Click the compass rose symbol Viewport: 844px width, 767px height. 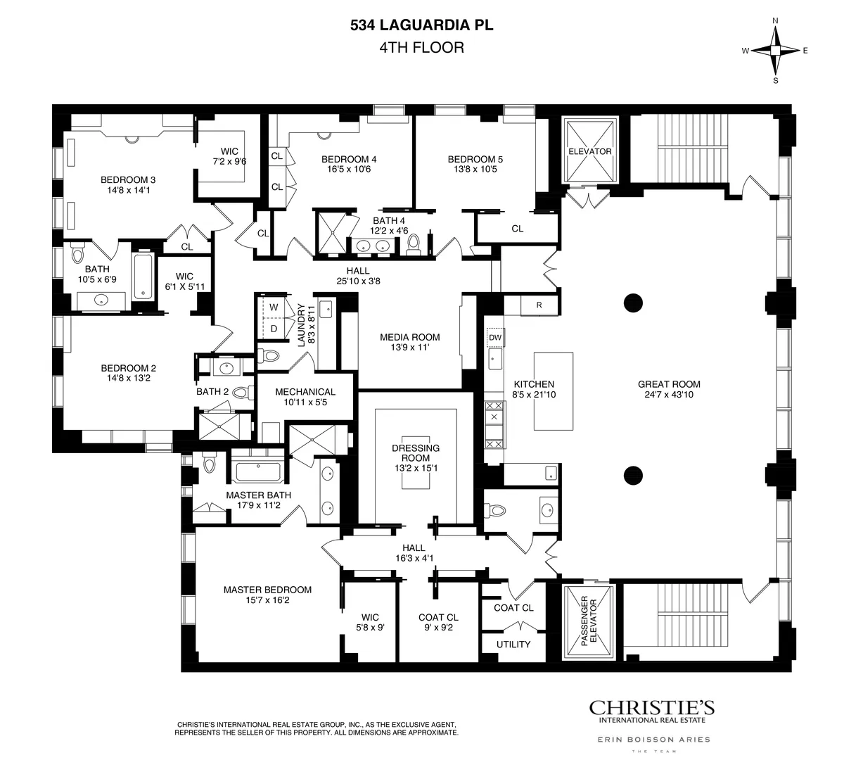[775, 51]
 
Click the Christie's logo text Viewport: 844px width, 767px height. [651, 707]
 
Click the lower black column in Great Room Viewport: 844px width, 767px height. [633, 474]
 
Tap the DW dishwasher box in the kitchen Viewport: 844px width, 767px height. [494, 338]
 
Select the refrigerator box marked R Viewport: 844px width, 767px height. [539, 305]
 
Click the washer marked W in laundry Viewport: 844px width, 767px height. [274, 308]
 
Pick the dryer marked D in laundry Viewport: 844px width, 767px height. [274, 329]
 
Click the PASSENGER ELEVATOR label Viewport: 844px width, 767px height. [589, 622]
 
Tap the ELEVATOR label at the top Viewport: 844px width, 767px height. [589, 151]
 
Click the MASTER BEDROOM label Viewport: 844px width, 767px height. [267, 590]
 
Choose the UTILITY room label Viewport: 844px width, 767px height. [513, 644]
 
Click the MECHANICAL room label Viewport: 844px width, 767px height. [305, 392]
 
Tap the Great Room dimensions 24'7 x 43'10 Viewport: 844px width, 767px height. [669, 395]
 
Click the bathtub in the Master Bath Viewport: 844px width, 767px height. [257, 471]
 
